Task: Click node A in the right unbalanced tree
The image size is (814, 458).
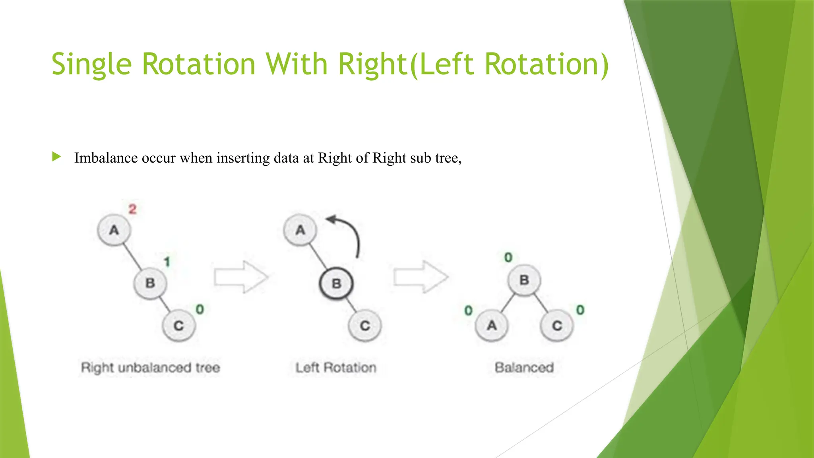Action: (x=114, y=230)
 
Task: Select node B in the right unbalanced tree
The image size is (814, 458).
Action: (x=150, y=283)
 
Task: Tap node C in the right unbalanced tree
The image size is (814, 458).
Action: (x=179, y=326)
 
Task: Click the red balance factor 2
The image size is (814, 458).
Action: (x=132, y=209)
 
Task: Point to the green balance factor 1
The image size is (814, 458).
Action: (x=167, y=262)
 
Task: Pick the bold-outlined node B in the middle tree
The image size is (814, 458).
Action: (x=336, y=283)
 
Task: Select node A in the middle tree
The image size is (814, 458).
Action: (x=300, y=230)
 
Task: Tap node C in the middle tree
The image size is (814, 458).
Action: (x=365, y=326)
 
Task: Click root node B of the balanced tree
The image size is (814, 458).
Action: (x=524, y=280)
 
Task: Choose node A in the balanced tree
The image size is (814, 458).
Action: (x=492, y=326)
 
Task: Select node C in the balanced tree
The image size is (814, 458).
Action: (x=557, y=326)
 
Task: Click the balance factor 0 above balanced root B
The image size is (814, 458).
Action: (x=508, y=258)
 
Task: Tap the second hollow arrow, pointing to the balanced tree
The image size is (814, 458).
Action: (x=421, y=277)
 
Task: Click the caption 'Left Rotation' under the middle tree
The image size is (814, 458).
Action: (x=336, y=368)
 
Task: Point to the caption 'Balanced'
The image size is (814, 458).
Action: (x=524, y=368)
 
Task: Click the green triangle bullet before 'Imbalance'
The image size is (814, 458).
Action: (x=56, y=157)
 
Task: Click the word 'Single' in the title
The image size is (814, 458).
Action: (x=91, y=64)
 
